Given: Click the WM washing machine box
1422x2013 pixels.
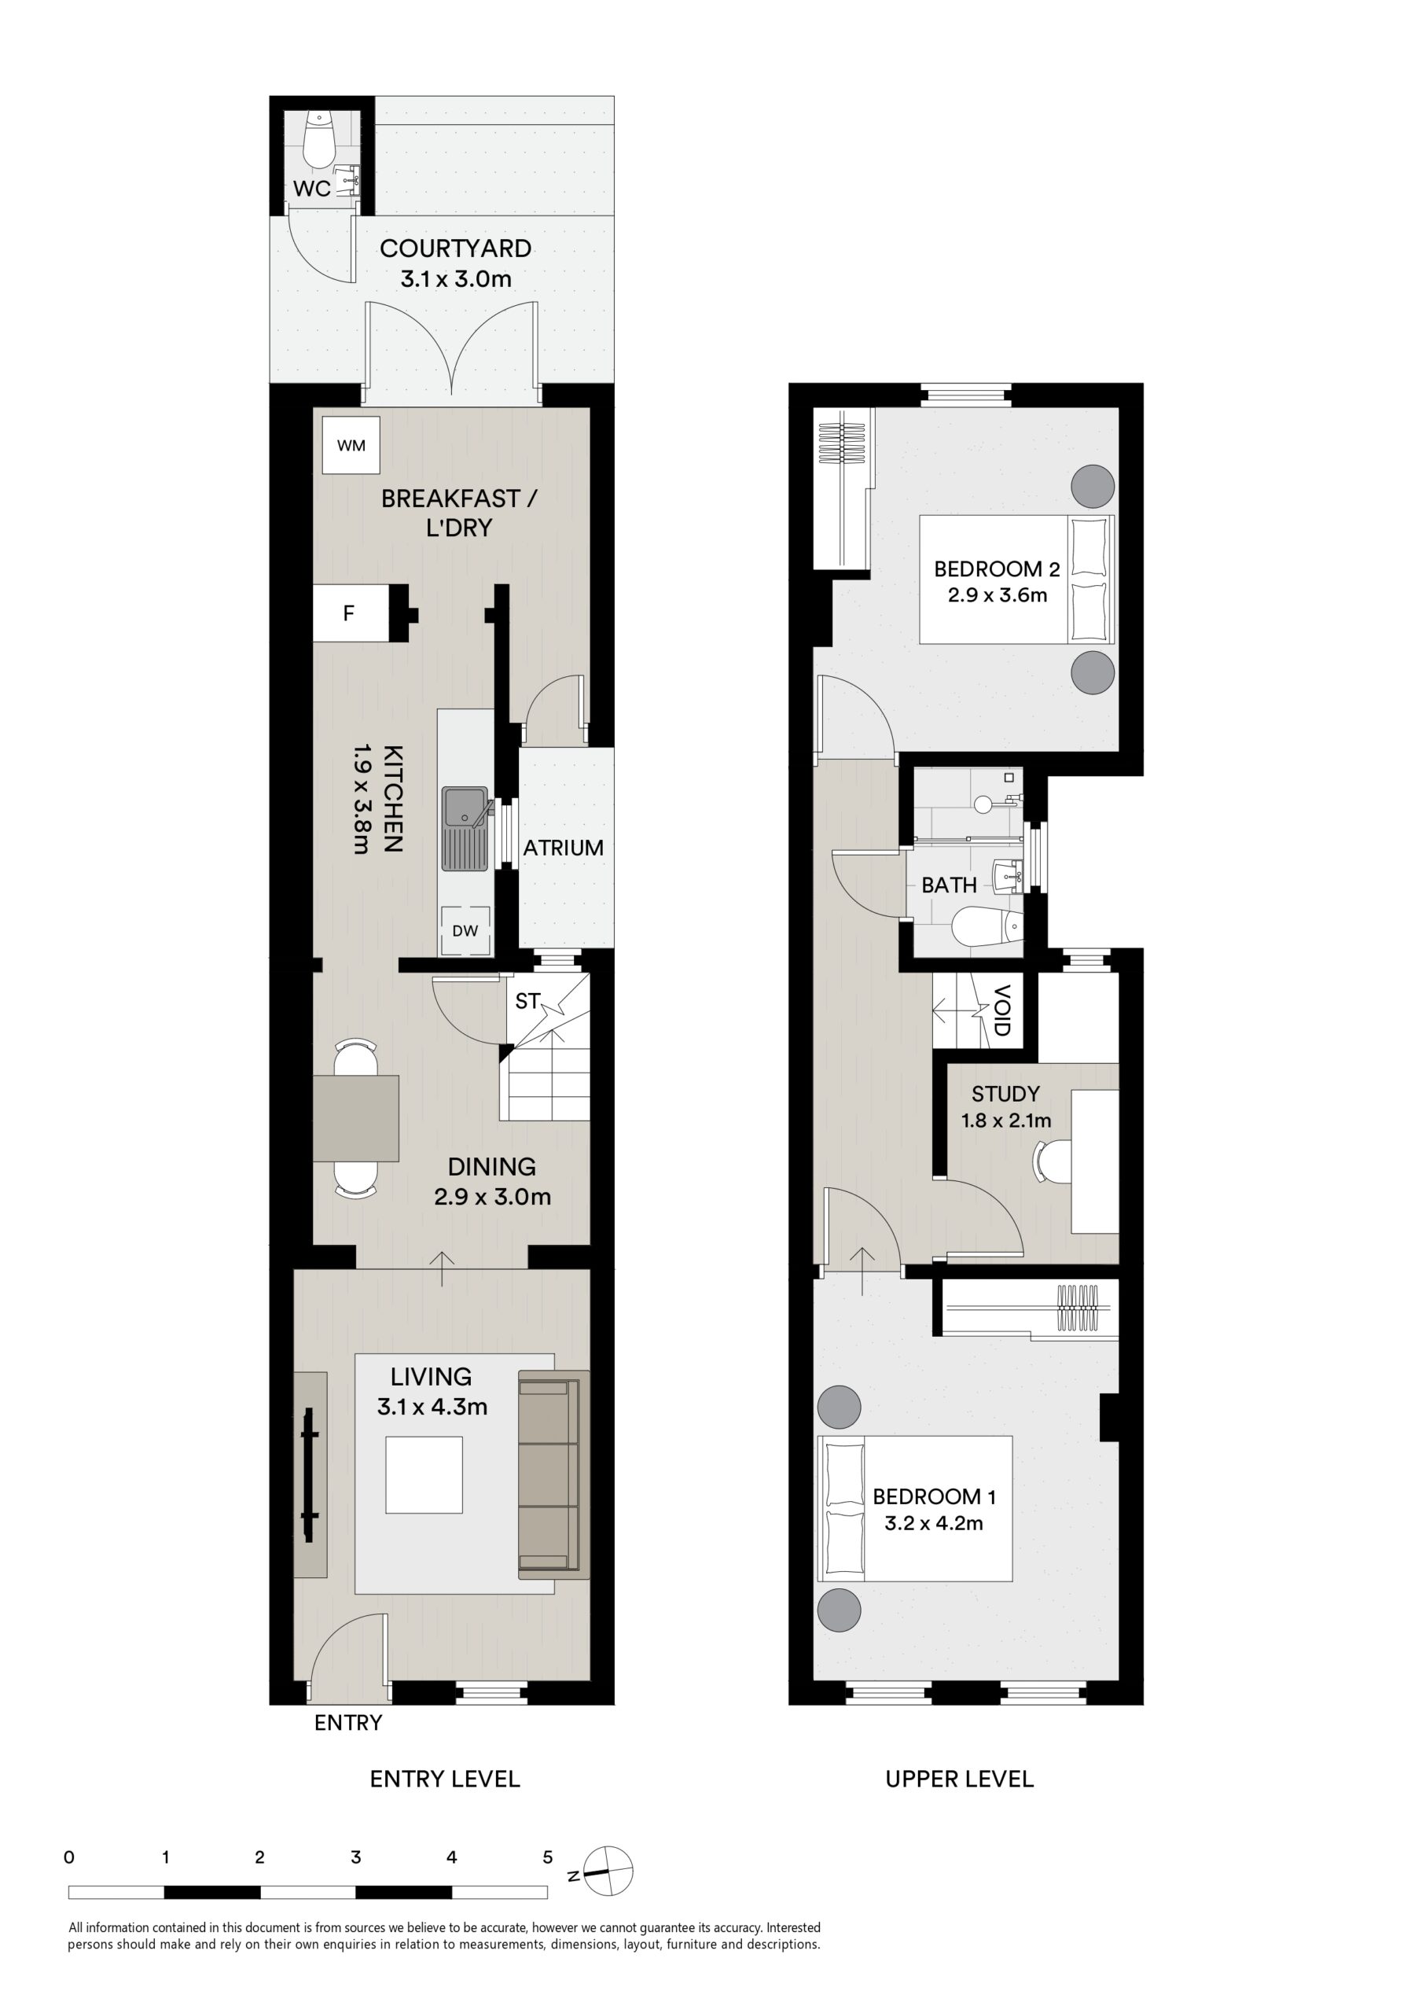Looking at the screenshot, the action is tap(351, 445).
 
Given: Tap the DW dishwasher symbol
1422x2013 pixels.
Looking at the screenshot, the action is tap(465, 930).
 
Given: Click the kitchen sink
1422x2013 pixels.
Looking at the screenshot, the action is tap(465, 829).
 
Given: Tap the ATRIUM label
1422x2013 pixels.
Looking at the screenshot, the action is tap(564, 848).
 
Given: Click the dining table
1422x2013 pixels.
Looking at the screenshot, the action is tap(356, 1118).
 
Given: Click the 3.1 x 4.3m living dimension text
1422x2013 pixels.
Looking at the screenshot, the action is tap(432, 1408).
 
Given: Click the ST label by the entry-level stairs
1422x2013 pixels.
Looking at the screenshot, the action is tap(527, 1001).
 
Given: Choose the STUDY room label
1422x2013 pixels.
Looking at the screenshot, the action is tap(1005, 1093).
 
